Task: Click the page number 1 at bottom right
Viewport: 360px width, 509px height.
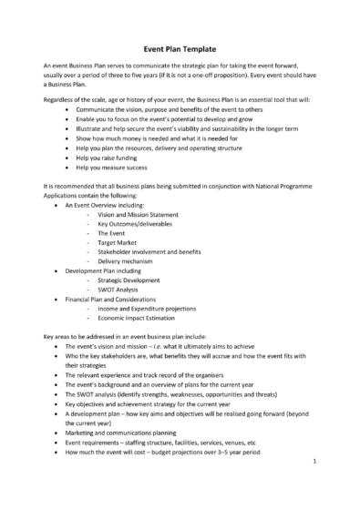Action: point(313,488)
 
